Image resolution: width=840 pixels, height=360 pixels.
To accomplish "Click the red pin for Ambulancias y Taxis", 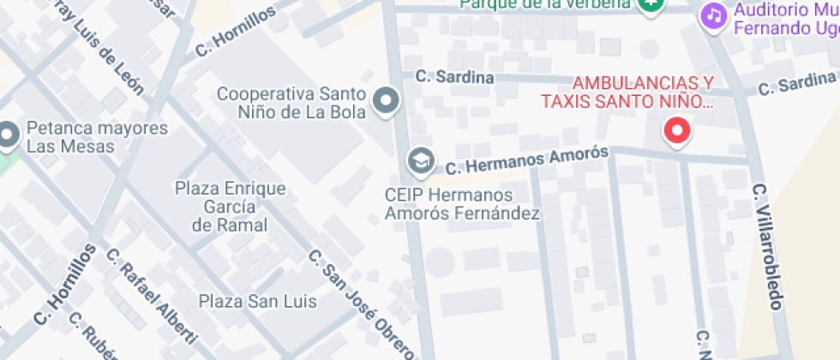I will [x=678, y=132].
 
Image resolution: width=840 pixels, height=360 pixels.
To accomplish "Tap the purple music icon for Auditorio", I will [x=712, y=15].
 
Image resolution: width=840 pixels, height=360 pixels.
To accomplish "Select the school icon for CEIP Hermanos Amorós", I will [x=419, y=159].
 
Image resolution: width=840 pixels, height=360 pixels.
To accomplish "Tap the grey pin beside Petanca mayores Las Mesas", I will [x=9, y=135].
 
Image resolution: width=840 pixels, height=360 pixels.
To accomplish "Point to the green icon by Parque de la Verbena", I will [x=651, y=4].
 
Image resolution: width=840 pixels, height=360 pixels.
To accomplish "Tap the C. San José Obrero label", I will [x=362, y=304].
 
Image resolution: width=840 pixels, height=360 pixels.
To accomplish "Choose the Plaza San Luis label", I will [x=258, y=301].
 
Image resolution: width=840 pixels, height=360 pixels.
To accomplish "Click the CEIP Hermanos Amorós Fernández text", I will [x=462, y=204].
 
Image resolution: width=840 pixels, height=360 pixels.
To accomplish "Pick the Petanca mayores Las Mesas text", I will [x=97, y=137].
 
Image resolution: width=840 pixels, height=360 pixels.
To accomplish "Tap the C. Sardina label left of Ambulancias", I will [x=454, y=77].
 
